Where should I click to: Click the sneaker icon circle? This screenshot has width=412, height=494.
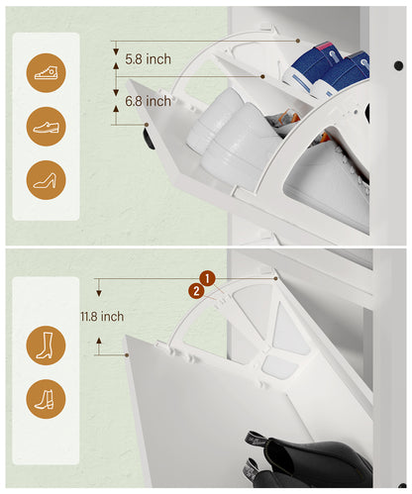pyautogui.click(x=46, y=72)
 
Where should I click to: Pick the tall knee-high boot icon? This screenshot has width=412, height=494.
pyautogui.click(x=46, y=343)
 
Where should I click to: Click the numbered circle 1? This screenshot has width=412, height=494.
pyautogui.click(x=207, y=278)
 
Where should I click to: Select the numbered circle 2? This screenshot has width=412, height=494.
pyautogui.click(x=197, y=291)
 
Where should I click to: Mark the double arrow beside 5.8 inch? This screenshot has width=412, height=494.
pyautogui.click(x=115, y=59)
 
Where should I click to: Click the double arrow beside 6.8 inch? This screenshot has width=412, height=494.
pyautogui.click(x=115, y=103)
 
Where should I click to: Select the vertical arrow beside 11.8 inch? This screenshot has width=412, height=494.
pyautogui.click(x=98, y=317)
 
